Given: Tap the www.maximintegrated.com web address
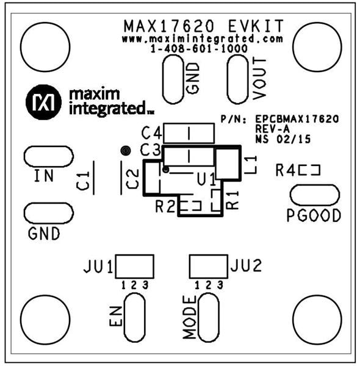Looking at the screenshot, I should (202, 39).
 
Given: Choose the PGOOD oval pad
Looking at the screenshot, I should (314, 195).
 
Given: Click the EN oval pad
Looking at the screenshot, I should (134, 317).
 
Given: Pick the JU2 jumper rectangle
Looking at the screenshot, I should (207, 266).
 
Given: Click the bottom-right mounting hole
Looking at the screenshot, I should (315, 317).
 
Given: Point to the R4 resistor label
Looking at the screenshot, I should (284, 171).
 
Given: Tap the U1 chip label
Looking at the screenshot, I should (206, 180).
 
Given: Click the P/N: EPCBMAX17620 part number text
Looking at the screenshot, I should (279, 118).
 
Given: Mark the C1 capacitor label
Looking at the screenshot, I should (84, 180).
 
